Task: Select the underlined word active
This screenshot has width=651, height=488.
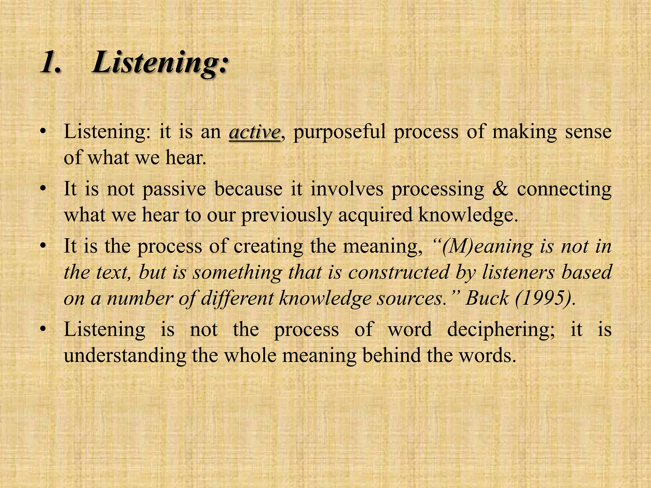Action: click(x=255, y=132)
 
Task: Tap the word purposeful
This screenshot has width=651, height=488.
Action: click(x=339, y=132)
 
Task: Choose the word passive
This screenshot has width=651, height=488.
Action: click(x=174, y=189)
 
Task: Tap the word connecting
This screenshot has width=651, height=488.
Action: click(x=564, y=189)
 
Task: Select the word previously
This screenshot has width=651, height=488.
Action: click(x=286, y=215)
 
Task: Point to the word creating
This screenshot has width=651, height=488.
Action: click(x=268, y=247)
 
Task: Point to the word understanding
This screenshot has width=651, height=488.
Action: click(x=125, y=356)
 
